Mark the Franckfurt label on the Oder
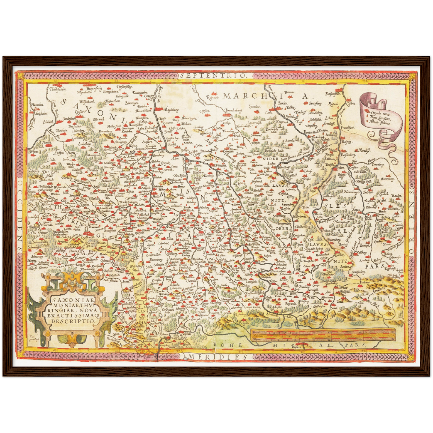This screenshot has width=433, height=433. click(348, 128)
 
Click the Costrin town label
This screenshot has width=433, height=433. click(351, 104)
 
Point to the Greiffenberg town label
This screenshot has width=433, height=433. click(358, 272)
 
